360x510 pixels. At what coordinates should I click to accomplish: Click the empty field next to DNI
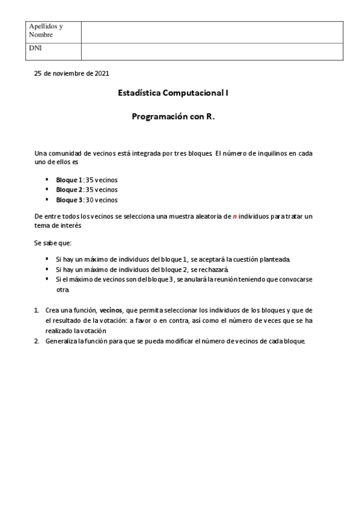click(x=212, y=51)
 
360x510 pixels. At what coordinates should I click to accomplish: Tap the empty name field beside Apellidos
click(x=212, y=31)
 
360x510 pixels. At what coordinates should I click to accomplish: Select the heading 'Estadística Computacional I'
click(x=174, y=93)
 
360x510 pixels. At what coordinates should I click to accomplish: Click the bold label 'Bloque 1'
click(x=69, y=180)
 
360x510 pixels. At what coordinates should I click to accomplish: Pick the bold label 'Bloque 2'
click(x=69, y=189)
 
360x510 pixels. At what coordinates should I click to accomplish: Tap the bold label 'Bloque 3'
click(x=69, y=200)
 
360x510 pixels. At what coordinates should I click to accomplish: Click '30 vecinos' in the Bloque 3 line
click(x=102, y=200)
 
